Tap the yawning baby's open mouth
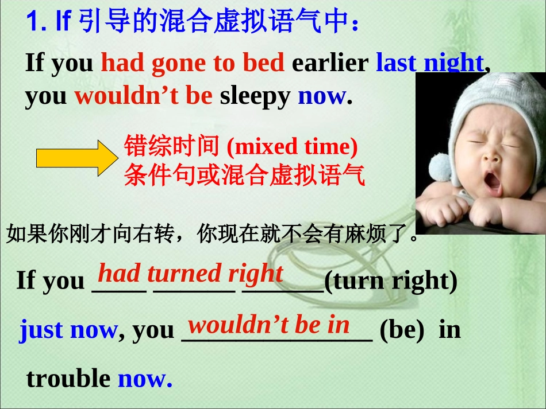[x=493, y=181]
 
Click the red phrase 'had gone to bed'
[x=193, y=63]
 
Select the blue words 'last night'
[x=429, y=63]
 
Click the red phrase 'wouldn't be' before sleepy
[x=144, y=96]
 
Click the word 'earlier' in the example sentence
[x=330, y=63]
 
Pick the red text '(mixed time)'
[x=292, y=147]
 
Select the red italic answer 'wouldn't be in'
[x=268, y=325]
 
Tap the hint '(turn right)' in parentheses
[x=391, y=281]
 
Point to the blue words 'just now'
[x=68, y=330]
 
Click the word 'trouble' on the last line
[x=68, y=379]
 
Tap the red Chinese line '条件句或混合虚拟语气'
[x=244, y=176]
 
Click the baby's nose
[x=490, y=156]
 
